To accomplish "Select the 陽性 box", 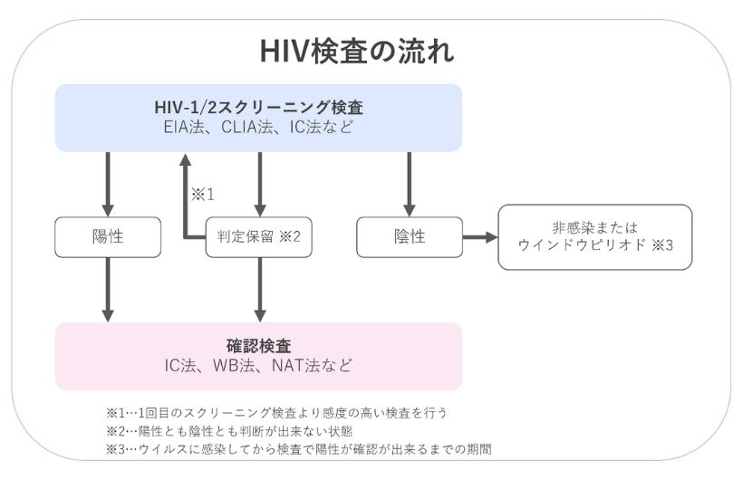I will (x=108, y=237).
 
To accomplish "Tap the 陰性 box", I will (x=410, y=237).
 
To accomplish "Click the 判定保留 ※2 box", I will (x=258, y=237).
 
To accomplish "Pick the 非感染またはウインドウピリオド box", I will (x=594, y=236).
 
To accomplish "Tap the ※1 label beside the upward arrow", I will (x=202, y=193).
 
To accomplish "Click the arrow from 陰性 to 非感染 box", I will (x=479, y=237).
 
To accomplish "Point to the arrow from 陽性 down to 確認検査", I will (x=108, y=288).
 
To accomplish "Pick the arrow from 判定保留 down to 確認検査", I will (x=260, y=288).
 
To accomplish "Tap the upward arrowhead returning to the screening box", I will (x=185, y=161).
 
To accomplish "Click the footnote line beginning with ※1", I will (x=276, y=412).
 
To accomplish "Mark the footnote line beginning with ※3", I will (x=298, y=448).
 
